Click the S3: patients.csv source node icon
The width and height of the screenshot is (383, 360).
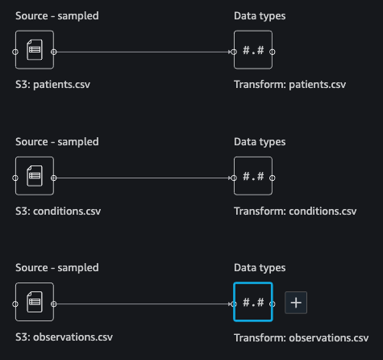tap(35, 50)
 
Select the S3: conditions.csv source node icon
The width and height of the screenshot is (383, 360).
tap(35, 176)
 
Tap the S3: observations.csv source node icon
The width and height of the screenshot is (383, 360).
tap(35, 302)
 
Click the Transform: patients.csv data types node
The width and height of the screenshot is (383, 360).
tap(253, 50)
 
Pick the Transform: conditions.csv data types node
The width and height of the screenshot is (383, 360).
tap(253, 176)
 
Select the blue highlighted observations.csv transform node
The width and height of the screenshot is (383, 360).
tap(253, 302)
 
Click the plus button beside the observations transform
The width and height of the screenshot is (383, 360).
tap(296, 303)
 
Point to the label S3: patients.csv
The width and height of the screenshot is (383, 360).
tap(52, 85)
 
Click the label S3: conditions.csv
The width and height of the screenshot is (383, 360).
tap(58, 211)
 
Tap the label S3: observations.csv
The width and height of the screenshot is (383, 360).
tap(64, 337)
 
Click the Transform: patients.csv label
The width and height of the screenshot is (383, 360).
tap(289, 85)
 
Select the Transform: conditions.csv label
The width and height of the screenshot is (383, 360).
tap(295, 211)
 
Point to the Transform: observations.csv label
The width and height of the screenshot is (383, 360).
tap(302, 337)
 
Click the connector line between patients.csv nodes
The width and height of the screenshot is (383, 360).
tap(144, 52)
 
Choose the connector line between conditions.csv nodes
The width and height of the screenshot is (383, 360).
tap(144, 178)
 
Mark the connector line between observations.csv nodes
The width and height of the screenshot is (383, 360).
tap(144, 304)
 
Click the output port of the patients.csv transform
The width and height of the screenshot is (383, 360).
tap(273, 52)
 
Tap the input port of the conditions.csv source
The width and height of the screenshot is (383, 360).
tap(15, 178)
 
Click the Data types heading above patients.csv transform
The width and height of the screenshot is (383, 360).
tap(260, 16)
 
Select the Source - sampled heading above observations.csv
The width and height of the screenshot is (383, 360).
tap(57, 268)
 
